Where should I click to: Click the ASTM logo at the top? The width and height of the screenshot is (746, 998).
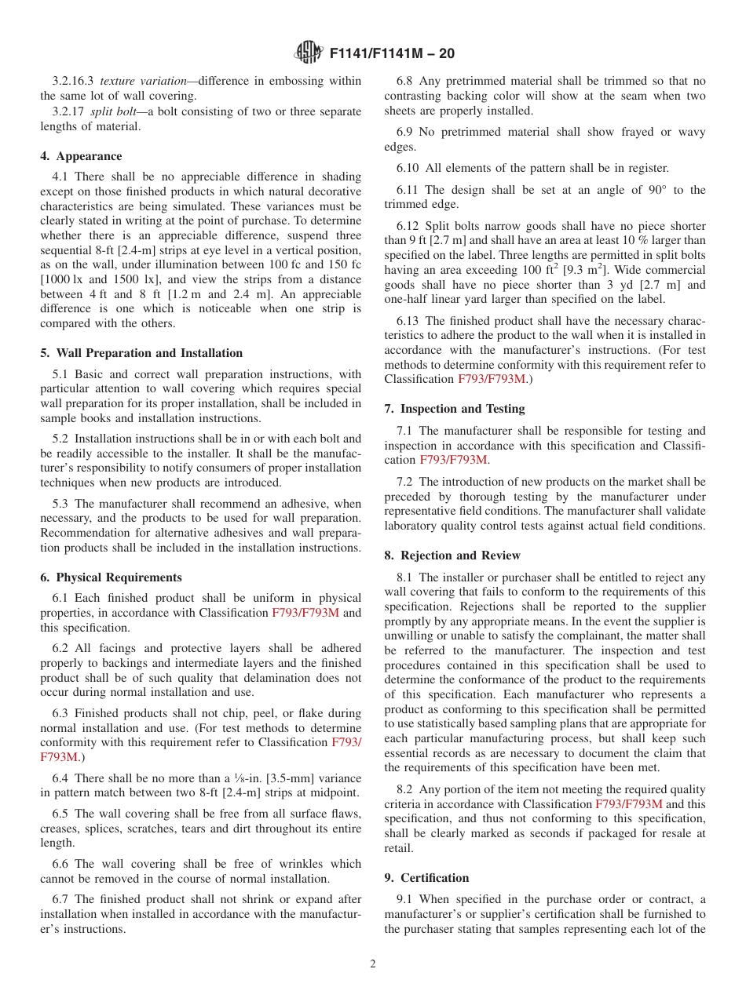(309, 53)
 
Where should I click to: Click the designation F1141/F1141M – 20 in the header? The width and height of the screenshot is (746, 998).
(392, 54)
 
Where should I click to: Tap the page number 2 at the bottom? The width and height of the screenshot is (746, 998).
(373, 964)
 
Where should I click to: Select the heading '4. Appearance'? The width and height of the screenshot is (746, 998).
(81, 156)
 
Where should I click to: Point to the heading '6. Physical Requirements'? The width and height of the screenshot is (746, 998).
(111, 577)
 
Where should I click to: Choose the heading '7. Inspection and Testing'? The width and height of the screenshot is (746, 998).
(455, 409)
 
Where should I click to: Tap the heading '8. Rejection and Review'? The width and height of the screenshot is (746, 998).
(452, 555)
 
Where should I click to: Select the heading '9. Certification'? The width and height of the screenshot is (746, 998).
(426, 878)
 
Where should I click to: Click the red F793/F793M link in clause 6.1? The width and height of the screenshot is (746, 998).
(305, 613)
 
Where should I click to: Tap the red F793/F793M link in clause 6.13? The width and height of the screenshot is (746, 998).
(491, 379)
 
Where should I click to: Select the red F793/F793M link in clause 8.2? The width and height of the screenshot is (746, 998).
(628, 804)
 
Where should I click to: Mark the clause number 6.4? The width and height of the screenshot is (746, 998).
(61, 778)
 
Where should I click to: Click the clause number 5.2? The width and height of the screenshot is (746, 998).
(61, 439)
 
